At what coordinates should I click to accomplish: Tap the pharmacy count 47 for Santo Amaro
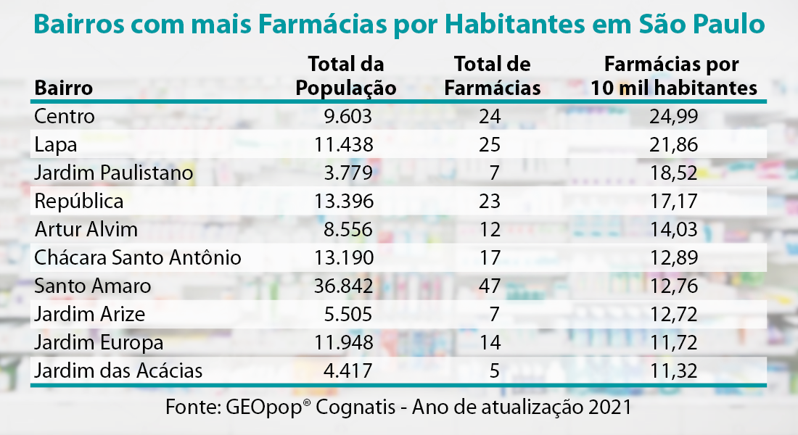coord(490,286)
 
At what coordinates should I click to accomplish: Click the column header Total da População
coord(346,76)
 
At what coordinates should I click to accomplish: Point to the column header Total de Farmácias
coord(492,76)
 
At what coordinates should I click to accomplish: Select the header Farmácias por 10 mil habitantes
coord(674,76)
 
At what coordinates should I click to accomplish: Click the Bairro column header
coord(64,88)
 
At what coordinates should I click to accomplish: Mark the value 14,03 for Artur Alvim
coord(674,230)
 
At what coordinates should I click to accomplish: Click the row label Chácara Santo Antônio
coord(138,258)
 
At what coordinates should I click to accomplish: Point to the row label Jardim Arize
coord(90,315)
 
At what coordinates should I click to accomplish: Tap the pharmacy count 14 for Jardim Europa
coord(490,343)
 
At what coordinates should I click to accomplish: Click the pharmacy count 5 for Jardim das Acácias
coord(495,371)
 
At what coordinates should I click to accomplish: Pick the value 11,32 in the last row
coord(674,371)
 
